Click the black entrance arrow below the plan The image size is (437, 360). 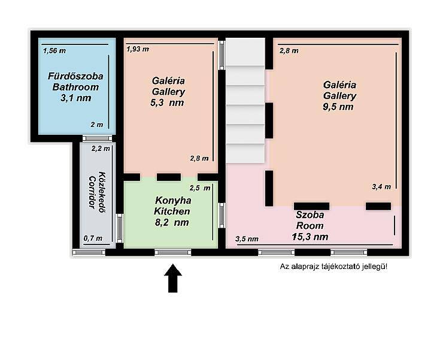coord(173,278)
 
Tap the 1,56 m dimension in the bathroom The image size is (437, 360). coord(54,51)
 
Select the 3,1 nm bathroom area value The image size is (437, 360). coord(76,98)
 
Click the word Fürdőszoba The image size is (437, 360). coord(75,76)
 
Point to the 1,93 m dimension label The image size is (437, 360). coord(138,49)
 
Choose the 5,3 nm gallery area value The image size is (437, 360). coord(167,102)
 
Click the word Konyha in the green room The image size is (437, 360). coord(173,200)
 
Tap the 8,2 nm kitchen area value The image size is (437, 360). coord(172,222)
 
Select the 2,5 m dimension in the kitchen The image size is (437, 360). coord(200,188)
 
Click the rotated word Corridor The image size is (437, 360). coord(92,192)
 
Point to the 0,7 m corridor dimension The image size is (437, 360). coord(93,238)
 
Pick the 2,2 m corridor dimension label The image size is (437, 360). coord(101,149)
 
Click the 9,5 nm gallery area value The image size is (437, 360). coord(338,107)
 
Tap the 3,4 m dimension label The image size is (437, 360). coord(381,187)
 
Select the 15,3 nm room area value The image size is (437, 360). coord(310,237)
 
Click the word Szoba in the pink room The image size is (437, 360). coord(310,215)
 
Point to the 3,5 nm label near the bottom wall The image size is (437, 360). coord(247,239)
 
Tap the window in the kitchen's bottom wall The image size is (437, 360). coord(173,252)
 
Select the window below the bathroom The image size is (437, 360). coord(97,138)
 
